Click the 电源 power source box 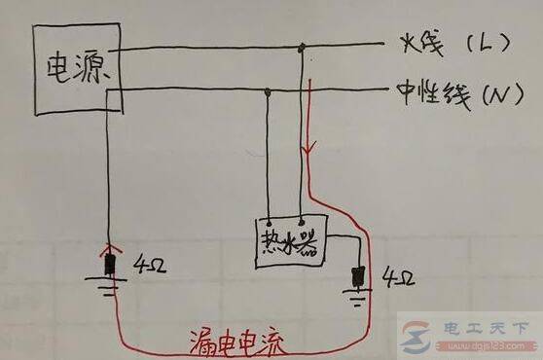pyautogui.click(x=74, y=68)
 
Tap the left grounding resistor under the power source pyautogui.click(x=110, y=263)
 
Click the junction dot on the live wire pyautogui.click(x=303, y=46)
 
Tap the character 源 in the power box pyautogui.click(x=90, y=69)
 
